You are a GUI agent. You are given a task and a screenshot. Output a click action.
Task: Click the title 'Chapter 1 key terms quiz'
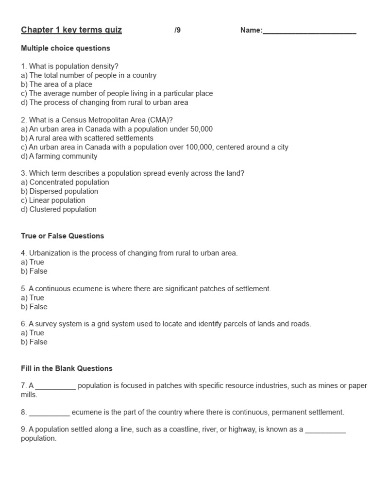(71, 30)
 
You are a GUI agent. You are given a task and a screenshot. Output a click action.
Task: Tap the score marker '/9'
(177, 31)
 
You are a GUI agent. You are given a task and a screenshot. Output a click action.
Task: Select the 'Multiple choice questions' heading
(66, 48)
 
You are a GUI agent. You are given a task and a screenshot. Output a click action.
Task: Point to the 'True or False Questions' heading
(63, 236)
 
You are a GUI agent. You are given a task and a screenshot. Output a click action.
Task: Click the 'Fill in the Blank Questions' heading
(67, 368)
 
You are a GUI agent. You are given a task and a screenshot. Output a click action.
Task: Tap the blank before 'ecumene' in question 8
(49, 413)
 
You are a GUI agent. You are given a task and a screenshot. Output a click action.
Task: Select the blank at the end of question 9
(325, 430)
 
